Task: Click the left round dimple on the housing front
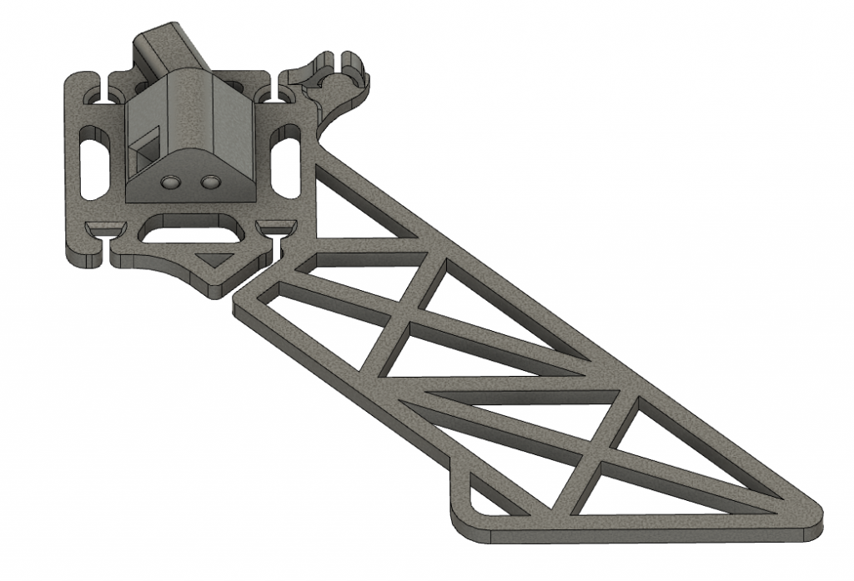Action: [171, 181]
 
